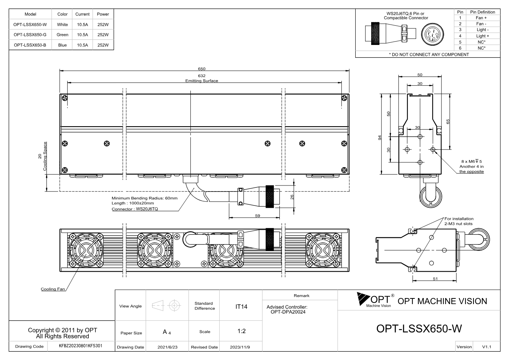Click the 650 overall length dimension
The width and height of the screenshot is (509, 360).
pos(202,69)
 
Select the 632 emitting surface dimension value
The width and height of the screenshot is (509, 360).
pos(202,76)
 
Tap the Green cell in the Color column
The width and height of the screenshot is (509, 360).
pos(62,35)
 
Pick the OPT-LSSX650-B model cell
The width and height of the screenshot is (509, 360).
pos(30,45)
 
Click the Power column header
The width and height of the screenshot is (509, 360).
pos(103,14)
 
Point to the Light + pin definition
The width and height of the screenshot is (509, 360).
pos(483,36)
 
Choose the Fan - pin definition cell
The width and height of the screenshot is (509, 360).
pos(481,24)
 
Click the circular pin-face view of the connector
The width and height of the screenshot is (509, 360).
pos(432,34)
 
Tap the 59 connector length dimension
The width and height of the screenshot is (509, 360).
pos(258,215)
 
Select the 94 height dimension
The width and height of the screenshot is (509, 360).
pos(380,138)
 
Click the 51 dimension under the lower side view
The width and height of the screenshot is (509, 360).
pos(435,279)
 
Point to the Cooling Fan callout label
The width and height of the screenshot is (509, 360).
pos(53,289)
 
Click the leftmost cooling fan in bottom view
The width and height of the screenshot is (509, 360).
pos(86,250)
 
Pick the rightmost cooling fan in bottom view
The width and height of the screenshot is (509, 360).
pos(323,250)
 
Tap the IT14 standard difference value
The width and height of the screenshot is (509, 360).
pos(241,307)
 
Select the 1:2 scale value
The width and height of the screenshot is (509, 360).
pos(241,331)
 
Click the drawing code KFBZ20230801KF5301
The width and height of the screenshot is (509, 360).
pos(80,346)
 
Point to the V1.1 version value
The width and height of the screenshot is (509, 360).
pos(486,347)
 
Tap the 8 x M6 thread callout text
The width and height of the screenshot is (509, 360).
pos(472,161)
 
